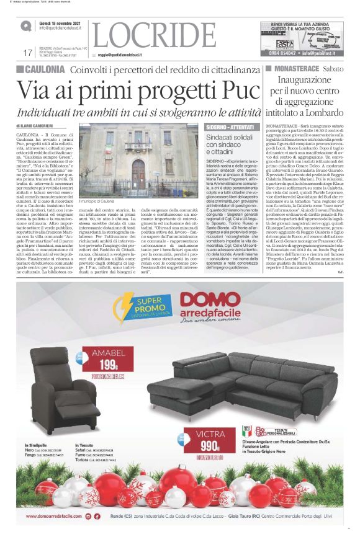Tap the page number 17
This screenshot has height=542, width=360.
point(27,53)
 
